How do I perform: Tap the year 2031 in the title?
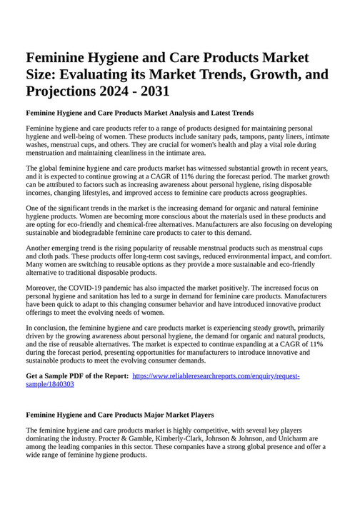pos(154,91)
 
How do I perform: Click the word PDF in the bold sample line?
pos(81,376)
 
